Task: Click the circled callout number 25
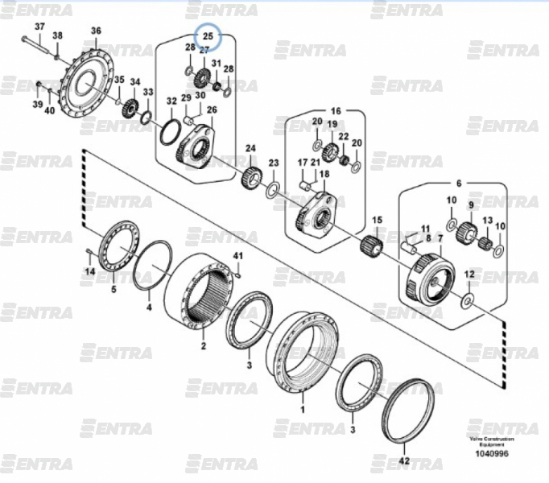tap(208, 35)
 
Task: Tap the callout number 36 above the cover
tap(96, 31)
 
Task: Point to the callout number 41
tap(237, 256)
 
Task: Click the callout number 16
tap(336, 110)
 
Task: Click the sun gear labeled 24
tap(250, 175)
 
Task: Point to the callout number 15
tap(376, 220)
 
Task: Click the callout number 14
tap(90, 272)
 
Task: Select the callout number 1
tap(303, 409)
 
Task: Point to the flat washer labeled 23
tap(273, 190)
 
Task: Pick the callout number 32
tap(171, 101)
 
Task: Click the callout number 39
tap(37, 105)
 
